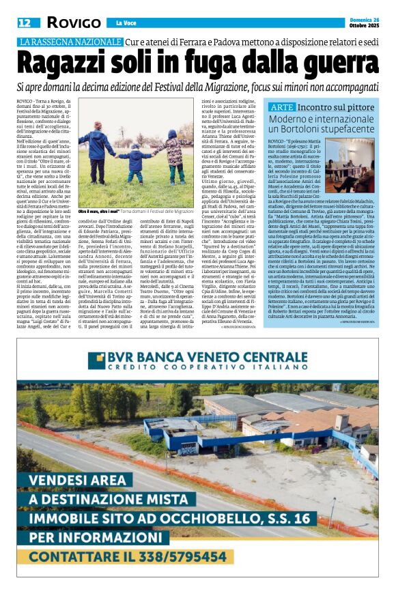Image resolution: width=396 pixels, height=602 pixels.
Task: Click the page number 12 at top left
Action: pos(24,23)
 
